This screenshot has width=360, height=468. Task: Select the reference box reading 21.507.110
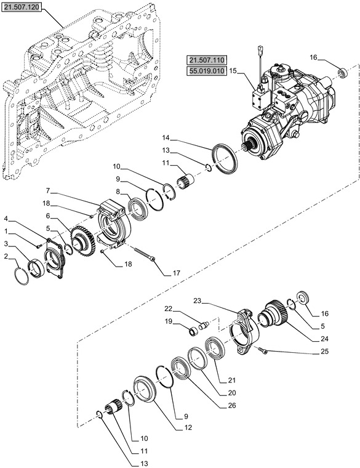[x=207, y=60]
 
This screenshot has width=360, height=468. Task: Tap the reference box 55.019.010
[x=207, y=71]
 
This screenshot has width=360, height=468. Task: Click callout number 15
[x=233, y=71]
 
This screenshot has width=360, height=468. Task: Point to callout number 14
[x=166, y=137]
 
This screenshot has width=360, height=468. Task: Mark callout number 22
[x=167, y=309]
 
